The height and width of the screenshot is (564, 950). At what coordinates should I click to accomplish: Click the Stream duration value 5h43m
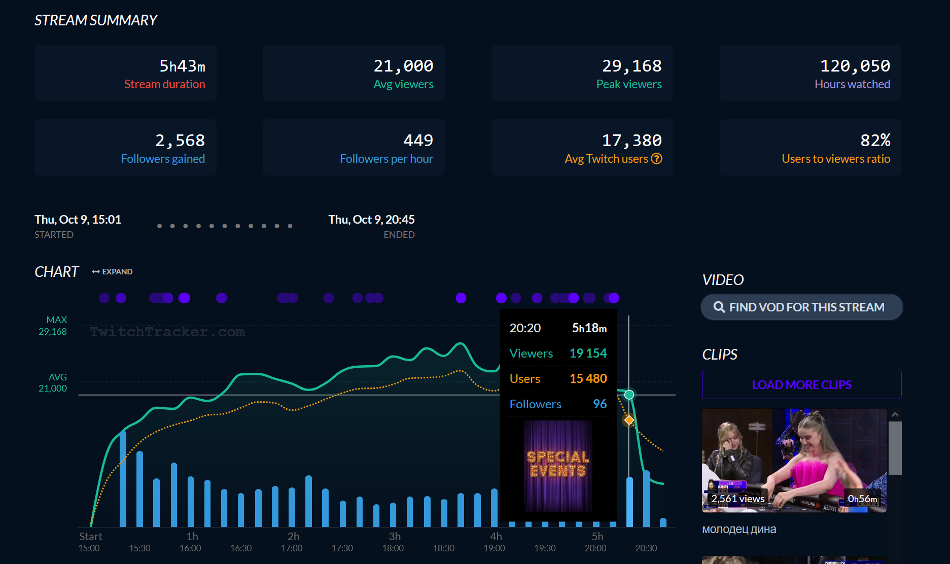click(x=182, y=66)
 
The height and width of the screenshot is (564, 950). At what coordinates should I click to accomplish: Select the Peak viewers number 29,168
click(x=631, y=66)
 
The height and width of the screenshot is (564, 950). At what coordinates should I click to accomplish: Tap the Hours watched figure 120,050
click(x=855, y=66)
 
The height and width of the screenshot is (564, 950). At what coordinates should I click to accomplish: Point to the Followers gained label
click(x=163, y=159)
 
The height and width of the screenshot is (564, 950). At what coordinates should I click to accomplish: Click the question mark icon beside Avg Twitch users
click(x=656, y=159)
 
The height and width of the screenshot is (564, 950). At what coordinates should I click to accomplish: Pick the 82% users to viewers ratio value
click(x=875, y=140)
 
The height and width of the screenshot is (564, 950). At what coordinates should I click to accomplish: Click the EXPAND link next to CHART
click(x=113, y=272)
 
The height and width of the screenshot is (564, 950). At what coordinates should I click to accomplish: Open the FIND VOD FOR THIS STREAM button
click(x=801, y=307)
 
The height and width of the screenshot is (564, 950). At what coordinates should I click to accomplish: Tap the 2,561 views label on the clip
click(x=737, y=499)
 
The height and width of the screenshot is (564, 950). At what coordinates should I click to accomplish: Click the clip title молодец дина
click(x=739, y=529)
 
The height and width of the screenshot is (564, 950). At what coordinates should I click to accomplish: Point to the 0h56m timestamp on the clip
click(x=862, y=499)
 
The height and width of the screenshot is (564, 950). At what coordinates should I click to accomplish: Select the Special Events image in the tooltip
click(x=558, y=465)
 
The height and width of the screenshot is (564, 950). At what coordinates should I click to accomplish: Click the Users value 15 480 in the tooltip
click(x=588, y=378)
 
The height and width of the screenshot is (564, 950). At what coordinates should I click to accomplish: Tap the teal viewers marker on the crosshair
click(x=629, y=395)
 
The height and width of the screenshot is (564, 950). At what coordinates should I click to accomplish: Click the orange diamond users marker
click(x=629, y=420)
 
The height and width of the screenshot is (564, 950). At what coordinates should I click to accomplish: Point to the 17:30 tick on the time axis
click(x=342, y=548)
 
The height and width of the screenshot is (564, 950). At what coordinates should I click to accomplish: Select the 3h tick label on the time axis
click(x=395, y=537)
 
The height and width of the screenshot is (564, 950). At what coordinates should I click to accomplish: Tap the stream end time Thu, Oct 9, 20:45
click(x=371, y=220)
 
